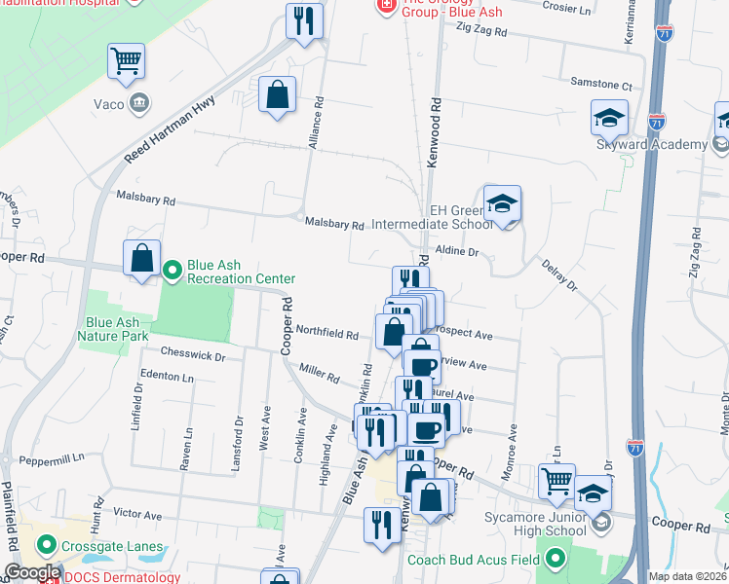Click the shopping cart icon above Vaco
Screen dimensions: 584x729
[x=127, y=62]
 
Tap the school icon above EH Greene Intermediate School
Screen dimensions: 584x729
[x=503, y=204]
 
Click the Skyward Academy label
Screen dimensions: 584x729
[x=651, y=145]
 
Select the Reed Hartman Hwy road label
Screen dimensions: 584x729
[x=170, y=130]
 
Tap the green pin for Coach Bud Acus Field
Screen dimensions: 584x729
[x=556, y=559]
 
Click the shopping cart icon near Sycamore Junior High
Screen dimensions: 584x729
[x=556, y=480]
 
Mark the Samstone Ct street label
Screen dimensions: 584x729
[x=601, y=86]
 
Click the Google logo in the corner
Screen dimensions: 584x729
[x=32, y=572]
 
